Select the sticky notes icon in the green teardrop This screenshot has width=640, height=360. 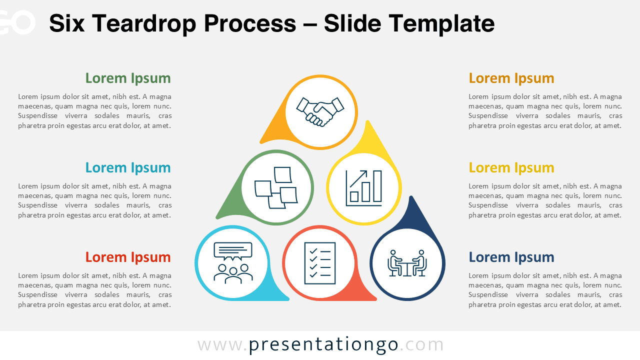(x=276, y=187)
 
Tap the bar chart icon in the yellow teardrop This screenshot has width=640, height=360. (x=363, y=188)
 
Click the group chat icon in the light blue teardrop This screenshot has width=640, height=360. (x=233, y=263)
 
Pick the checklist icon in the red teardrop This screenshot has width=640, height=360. (x=320, y=263)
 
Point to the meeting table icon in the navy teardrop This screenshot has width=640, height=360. (x=407, y=263)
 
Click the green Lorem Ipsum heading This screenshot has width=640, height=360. (x=128, y=78)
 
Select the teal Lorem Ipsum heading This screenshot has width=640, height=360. (x=128, y=167)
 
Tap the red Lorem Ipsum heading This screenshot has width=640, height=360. (x=128, y=257)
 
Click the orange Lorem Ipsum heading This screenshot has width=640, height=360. (x=511, y=78)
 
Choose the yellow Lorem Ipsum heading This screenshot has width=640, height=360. (x=511, y=167)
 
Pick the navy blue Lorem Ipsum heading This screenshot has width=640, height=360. (x=511, y=257)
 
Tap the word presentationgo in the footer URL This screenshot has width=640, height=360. (x=323, y=344)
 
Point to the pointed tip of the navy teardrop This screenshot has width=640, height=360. (x=411, y=197)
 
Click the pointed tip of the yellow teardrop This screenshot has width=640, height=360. (x=368, y=122)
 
